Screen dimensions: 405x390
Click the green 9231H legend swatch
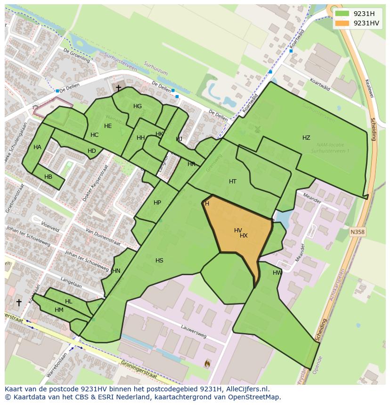[342, 14]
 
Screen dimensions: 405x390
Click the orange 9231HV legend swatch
[342, 23]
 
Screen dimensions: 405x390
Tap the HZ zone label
[306, 138]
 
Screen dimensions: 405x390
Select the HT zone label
[233, 182]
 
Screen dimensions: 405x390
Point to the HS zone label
[159, 261]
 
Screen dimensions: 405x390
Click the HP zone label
[157, 203]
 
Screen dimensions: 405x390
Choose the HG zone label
[138, 106]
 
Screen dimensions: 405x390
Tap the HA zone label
[37, 147]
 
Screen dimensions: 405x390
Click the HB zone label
[48, 177]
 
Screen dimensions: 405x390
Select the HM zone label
[59, 310]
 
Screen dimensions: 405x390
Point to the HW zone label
[277, 273]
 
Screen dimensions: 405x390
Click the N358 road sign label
[357, 232]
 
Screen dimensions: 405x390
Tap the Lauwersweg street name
[194, 331]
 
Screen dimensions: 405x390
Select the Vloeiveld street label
[50, 227]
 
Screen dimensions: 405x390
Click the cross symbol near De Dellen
[118, 88]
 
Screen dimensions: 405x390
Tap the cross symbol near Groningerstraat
[19, 302]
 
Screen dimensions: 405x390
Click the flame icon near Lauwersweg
[207, 363]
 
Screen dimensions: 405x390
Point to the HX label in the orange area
[244, 236]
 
